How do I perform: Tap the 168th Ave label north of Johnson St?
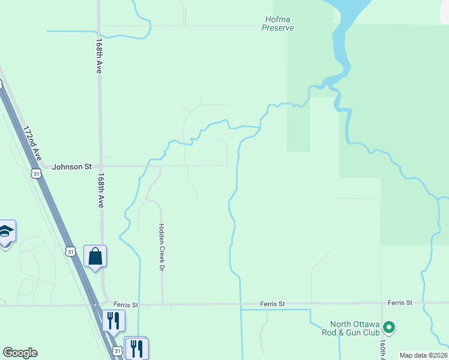click(x=99, y=57)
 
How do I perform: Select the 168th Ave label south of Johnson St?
click(x=100, y=191)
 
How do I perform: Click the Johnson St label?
click(x=71, y=166)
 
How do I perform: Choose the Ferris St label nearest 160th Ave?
click(x=400, y=302)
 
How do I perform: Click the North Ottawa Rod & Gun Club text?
click(x=350, y=328)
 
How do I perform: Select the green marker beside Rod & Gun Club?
click(x=388, y=328)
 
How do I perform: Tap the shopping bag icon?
click(x=95, y=257)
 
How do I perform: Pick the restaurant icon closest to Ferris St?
click(x=113, y=320)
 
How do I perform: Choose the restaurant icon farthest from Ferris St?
click(x=137, y=347)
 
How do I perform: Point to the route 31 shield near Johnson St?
click(x=37, y=173)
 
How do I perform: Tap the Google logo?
click(x=20, y=353)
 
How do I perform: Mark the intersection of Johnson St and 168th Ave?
click(x=100, y=166)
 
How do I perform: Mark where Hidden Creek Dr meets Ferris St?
click(x=163, y=304)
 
